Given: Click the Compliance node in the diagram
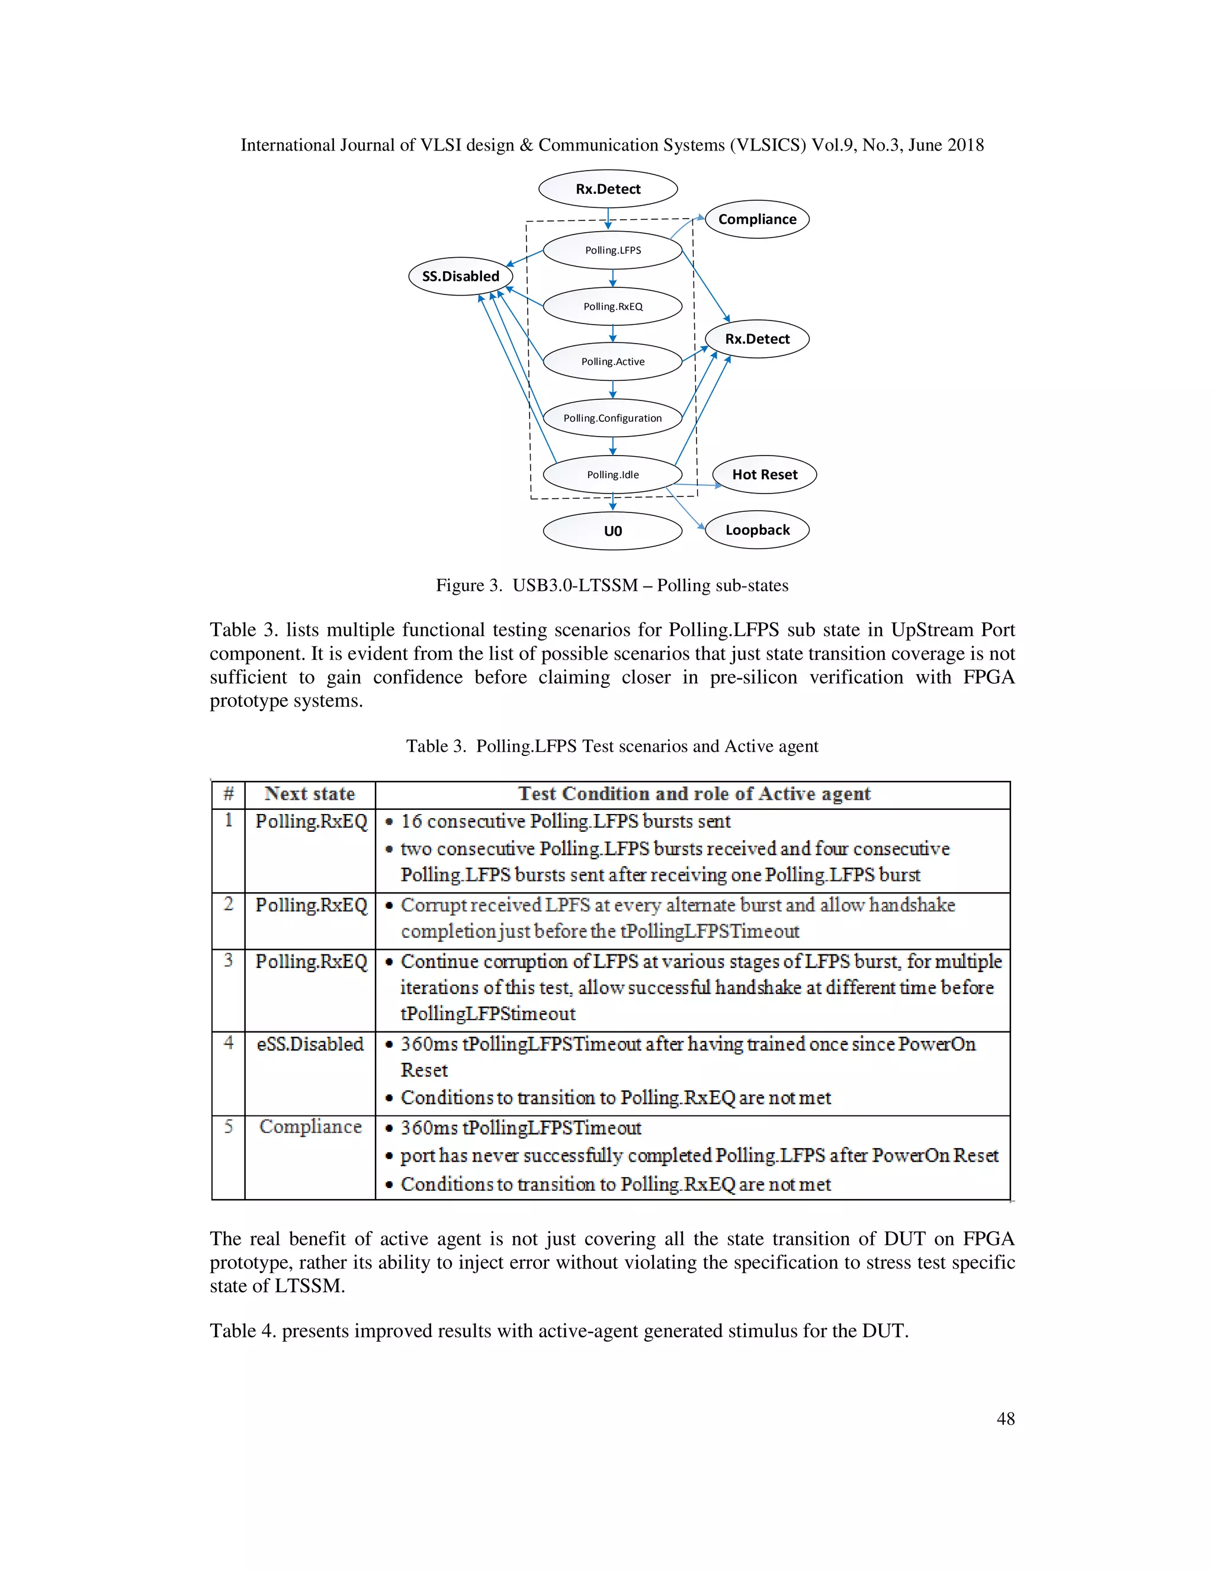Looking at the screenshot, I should tap(757, 219).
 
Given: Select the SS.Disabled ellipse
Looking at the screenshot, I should tap(461, 276).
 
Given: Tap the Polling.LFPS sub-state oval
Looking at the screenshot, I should tap(612, 250).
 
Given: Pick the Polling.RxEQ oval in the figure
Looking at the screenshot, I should tap(612, 306).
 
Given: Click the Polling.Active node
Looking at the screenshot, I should tap(612, 361).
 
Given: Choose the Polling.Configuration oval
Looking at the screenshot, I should tap(612, 418).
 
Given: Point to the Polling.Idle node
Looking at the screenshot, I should tap(612, 475).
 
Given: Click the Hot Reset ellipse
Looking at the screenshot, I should tap(764, 475).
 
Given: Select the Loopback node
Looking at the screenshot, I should tap(757, 530).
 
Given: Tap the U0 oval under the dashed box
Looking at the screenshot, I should tap(612, 531).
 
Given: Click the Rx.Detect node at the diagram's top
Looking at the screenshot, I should tap(608, 189).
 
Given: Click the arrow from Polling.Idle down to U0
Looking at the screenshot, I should tap(612, 502).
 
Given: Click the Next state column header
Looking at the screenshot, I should tap(310, 794).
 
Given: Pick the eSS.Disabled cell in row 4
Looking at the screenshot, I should tap(310, 1044).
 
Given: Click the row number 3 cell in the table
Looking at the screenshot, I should tap(229, 960).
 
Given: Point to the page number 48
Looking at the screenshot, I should tap(1005, 1418).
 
